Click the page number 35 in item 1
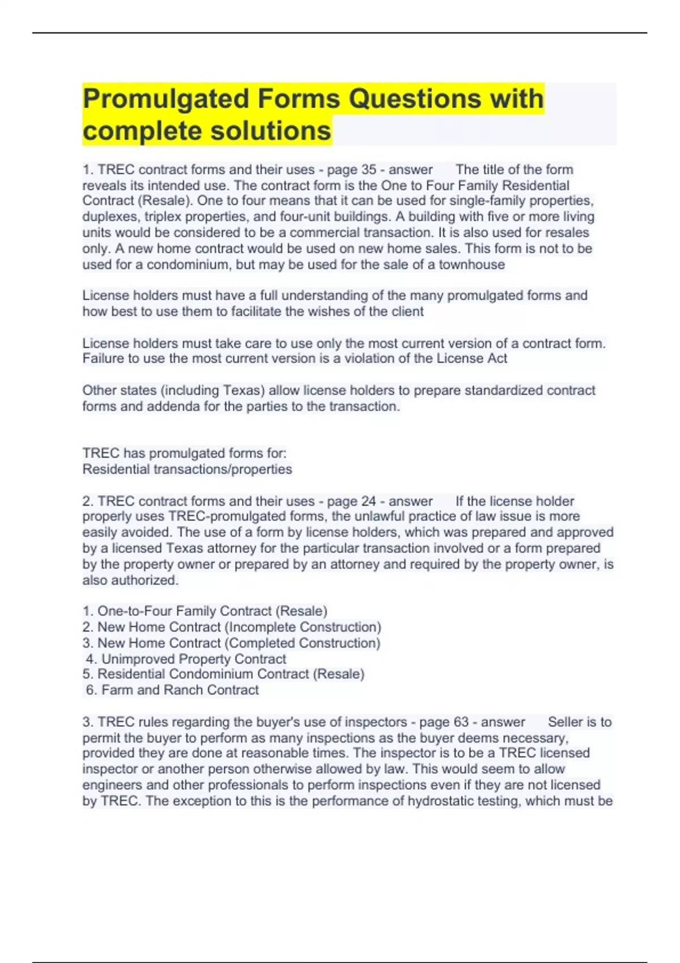click(369, 169)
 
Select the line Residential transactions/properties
click(187, 469)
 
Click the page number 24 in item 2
click(369, 501)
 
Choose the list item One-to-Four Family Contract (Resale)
click(205, 611)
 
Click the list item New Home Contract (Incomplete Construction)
click(232, 627)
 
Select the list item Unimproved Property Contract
click(186, 659)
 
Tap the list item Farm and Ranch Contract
click(173, 690)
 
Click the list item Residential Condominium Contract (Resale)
click(223, 674)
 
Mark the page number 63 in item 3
click(461, 722)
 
